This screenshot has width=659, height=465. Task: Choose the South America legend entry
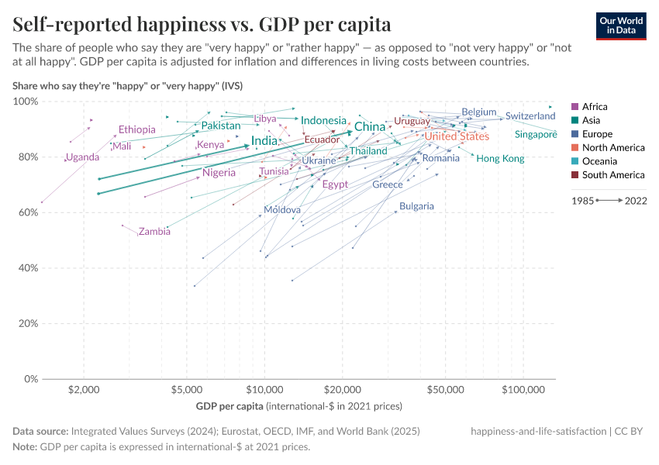pos(607,175)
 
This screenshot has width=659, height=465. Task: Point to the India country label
pos(264,142)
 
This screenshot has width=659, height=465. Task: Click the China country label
pos(370,127)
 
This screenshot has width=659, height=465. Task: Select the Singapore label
pos(536,135)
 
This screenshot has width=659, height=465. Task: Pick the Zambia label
pos(154,232)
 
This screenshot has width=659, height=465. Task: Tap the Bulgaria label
pos(416,207)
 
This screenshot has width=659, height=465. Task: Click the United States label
pos(457,136)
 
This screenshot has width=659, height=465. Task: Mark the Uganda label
pos(82,157)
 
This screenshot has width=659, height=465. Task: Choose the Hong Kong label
pos(500,159)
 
